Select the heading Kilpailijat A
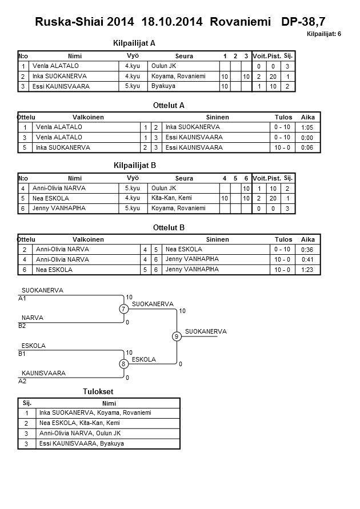click(x=135, y=43)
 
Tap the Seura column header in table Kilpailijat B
click(x=184, y=178)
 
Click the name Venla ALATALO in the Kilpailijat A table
click(x=49, y=66)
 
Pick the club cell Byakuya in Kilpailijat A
click(x=163, y=86)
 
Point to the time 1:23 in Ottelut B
click(x=308, y=269)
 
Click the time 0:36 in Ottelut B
click(x=308, y=250)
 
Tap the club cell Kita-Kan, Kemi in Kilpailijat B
click(x=171, y=198)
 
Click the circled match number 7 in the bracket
click(x=123, y=309)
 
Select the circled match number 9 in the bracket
click(x=177, y=336)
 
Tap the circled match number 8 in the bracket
click(x=123, y=364)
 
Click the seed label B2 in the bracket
click(x=22, y=326)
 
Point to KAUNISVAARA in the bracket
click(x=43, y=373)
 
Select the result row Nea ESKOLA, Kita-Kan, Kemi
click(x=75, y=423)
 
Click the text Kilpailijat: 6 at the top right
click(x=323, y=35)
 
